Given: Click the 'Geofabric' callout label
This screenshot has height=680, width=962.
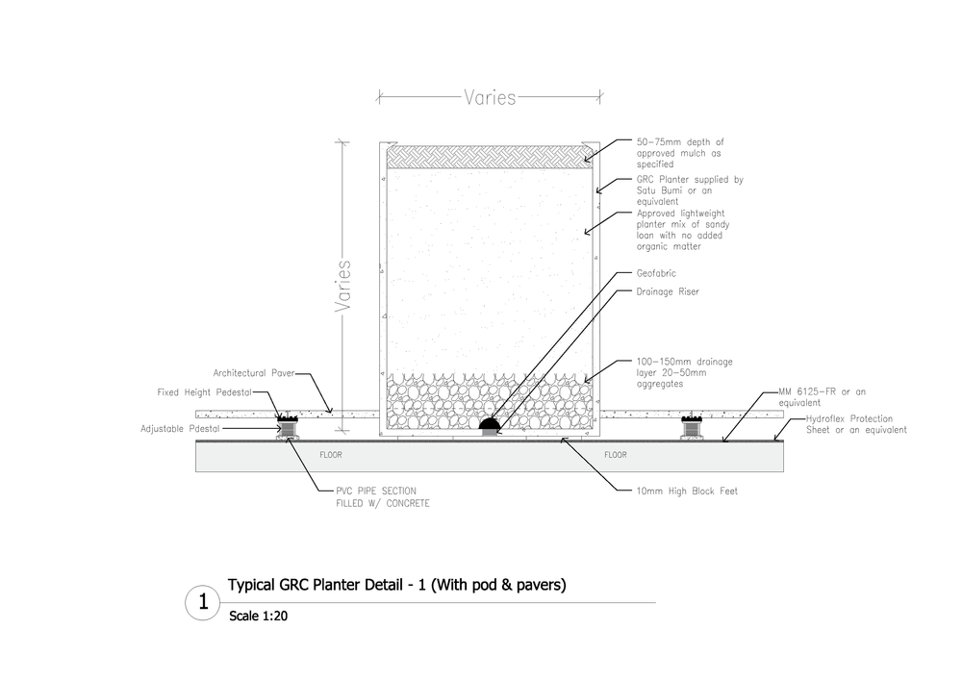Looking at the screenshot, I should pos(656,272).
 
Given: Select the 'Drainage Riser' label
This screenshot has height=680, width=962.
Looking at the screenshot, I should pos(667,291).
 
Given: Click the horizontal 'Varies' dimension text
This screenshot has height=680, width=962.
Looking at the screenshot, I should pos(490,97).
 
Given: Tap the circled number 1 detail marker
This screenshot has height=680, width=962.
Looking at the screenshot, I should pos(203,603).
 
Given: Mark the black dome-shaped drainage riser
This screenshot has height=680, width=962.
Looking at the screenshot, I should pos(490,423).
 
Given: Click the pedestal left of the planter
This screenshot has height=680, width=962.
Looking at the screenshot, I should pos(286,426).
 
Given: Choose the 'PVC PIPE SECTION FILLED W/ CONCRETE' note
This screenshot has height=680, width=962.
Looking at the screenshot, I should pos(375,496).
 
